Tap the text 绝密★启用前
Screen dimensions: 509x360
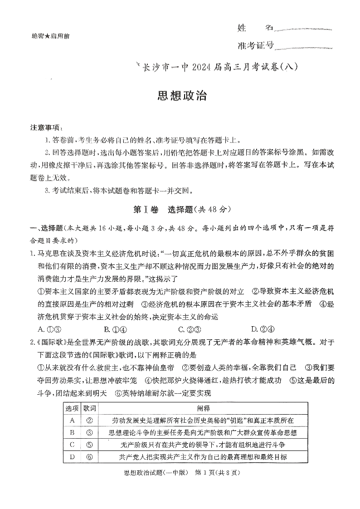[48, 36]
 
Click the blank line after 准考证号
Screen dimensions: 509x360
[304, 47]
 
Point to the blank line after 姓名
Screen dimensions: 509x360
[304, 30]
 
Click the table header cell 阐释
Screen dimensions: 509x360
[197, 408]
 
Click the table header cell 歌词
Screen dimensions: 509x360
[89, 408]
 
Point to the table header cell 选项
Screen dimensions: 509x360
[72, 408]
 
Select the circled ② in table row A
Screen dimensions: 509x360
[89, 421]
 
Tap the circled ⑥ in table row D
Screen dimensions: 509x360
[89, 457]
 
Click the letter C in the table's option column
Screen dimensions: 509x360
[72, 445]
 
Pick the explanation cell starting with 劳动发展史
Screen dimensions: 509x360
[197, 421]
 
